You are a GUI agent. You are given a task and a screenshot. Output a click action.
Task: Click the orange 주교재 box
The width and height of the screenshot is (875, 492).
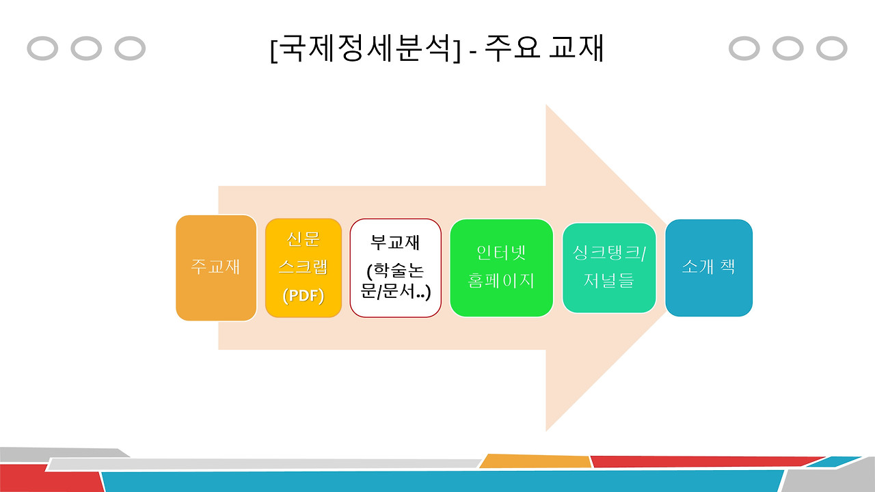(x=216, y=267)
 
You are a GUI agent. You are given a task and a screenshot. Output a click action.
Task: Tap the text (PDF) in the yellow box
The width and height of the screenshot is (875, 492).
(x=303, y=296)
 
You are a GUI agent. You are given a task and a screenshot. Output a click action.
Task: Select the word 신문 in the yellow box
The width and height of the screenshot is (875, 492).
(x=303, y=238)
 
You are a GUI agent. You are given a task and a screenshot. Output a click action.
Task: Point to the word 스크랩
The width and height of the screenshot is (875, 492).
(x=303, y=267)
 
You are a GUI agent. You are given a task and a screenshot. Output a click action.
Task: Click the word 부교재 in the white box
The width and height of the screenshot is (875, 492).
(x=395, y=243)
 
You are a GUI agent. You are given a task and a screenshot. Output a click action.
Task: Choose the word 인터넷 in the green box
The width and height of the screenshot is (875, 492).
(x=501, y=252)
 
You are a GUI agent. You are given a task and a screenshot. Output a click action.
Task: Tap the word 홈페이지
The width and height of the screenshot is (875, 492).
(x=501, y=281)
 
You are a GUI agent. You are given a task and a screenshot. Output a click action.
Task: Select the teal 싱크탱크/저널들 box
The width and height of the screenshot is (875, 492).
(x=608, y=267)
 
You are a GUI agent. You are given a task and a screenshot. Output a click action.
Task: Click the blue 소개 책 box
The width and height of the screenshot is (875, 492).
(x=708, y=267)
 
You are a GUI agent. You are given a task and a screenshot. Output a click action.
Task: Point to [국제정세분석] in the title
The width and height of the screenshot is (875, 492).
(x=366, y=49)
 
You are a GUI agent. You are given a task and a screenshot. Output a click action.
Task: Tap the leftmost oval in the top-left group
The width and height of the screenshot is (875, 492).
(x=42, y=49)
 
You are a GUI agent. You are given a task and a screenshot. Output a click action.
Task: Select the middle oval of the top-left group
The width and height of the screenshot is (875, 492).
(x=86, y=49)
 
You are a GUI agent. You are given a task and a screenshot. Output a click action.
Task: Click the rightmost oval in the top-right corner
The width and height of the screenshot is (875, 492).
(x=831, y=49)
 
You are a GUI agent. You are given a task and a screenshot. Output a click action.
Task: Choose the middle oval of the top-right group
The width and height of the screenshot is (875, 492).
(x=787, y=49)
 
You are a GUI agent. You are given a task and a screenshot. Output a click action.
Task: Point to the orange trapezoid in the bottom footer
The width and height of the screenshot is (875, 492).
(x=535, y=461)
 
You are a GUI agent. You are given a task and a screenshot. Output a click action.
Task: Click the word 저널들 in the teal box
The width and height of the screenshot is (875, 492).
(x=608, y=281)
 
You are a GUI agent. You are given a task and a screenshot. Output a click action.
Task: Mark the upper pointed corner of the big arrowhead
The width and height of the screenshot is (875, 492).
(x=546, y=107)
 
